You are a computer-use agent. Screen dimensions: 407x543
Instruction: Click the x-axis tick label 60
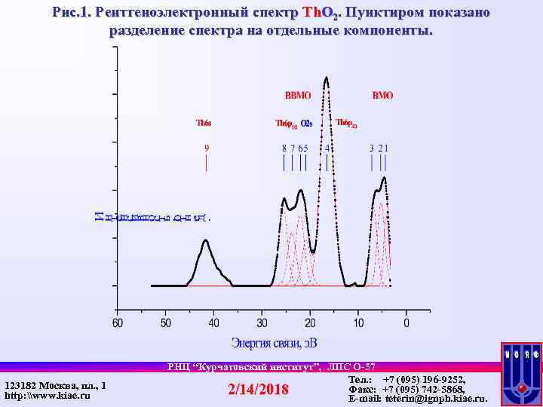point(117,323)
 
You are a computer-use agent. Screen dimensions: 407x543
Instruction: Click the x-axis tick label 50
point(165,323)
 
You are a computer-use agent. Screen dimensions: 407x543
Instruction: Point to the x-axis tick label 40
point(213,323)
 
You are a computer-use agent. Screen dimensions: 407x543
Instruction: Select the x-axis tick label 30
point(262,323)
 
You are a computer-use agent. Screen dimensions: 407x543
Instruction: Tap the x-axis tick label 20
point(310,323)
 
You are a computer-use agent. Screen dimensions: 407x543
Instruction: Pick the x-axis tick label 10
point(358,323)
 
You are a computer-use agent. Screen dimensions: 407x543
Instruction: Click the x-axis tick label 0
point(406,323)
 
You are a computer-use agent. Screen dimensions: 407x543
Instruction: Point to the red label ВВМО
point(298,96)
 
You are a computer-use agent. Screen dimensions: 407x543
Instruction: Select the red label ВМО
point(382,96)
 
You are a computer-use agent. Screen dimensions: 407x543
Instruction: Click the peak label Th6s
point(204,122)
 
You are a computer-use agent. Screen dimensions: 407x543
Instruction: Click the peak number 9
point(207,148)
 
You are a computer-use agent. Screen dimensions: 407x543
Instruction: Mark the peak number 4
point(327,148)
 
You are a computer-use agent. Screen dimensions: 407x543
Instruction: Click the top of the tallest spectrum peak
point(326,77)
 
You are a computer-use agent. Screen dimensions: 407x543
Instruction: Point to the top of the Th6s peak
point(206,240)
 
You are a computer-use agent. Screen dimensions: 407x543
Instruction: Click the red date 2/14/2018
point(259,390)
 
